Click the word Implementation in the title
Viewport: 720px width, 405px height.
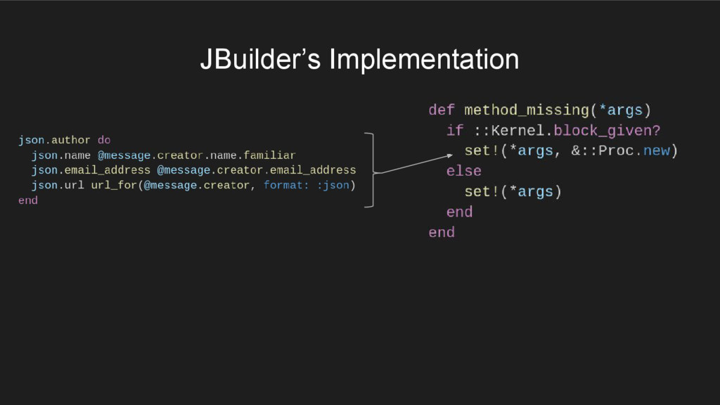[x=424, y=59]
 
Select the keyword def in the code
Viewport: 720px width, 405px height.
[x=442, y=110]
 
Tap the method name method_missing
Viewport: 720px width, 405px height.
[x=526, y=110]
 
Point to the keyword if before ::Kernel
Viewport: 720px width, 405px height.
[x=455, y=131]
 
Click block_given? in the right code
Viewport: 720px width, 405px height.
[x=607, y=131]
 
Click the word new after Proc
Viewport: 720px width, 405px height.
[x=656, y=151]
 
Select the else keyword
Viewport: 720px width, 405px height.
[x=463, y=172]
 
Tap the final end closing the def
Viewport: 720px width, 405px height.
[x=442, y=233]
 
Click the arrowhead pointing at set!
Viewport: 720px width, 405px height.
[x=449, y=157]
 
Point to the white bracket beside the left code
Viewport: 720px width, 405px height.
[x=371, y=170]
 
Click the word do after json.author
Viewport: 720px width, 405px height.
[x=103, y=140]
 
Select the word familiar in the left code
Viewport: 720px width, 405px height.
[x=270, y=155]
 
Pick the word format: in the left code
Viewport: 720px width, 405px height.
[x=285, y=185]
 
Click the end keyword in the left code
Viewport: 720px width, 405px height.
[x=28, y=200]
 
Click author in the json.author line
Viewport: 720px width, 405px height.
[x=70, y=140]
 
